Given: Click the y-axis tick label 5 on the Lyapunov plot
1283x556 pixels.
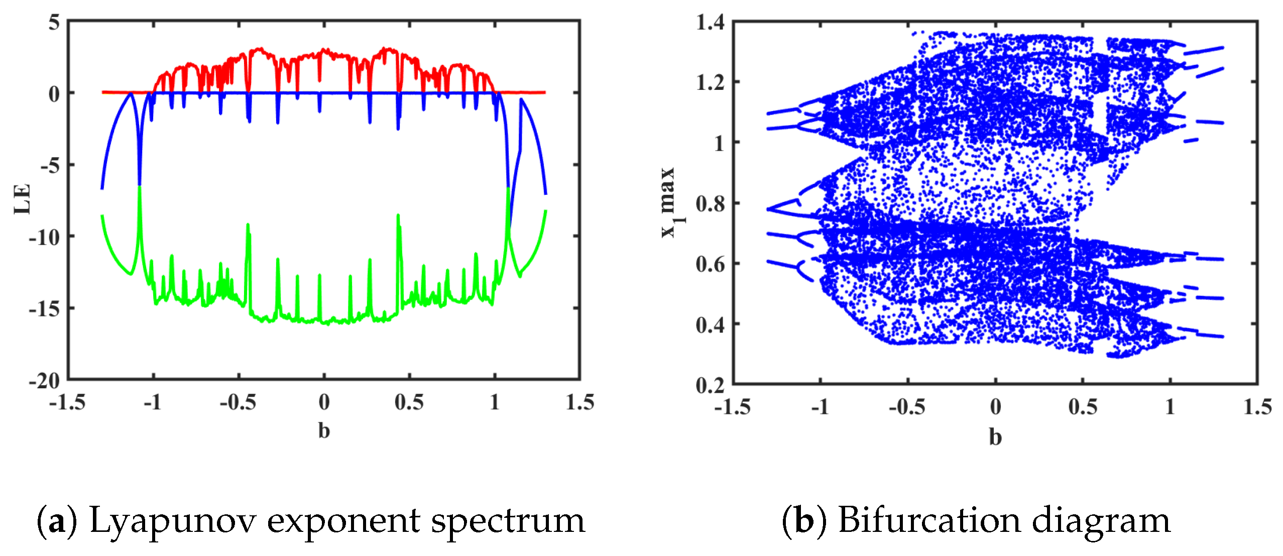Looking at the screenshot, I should [x=54, y=23].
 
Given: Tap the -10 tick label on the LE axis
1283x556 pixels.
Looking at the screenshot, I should [x=44, y=237].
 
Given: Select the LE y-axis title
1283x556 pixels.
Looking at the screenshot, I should [x=23, y=199].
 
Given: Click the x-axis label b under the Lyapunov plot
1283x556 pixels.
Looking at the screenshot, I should [x=324, y=431].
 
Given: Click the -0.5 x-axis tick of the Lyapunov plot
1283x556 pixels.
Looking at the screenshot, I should [x=238, y=403].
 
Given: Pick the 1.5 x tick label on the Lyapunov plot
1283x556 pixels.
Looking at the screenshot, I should [x=579, y=403].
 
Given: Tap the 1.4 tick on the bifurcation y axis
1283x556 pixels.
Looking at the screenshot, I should [x=710, y=23].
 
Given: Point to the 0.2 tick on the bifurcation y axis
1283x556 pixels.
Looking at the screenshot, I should [x=710, y=386].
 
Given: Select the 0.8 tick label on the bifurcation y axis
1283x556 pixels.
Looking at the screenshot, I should [x=710, y=204].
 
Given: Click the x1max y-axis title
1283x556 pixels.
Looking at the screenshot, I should [x=671, y=202].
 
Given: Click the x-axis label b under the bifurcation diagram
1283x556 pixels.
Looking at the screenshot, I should [x=995, y=437].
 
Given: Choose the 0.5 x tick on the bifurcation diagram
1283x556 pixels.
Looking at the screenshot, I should [x=1083, y=407].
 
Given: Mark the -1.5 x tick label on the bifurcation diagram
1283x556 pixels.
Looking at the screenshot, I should [x=732, y=407].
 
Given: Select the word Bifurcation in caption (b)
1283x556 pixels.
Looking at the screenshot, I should [x=929, y=520].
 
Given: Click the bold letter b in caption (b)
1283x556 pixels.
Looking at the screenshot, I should [x=803, y=520].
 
